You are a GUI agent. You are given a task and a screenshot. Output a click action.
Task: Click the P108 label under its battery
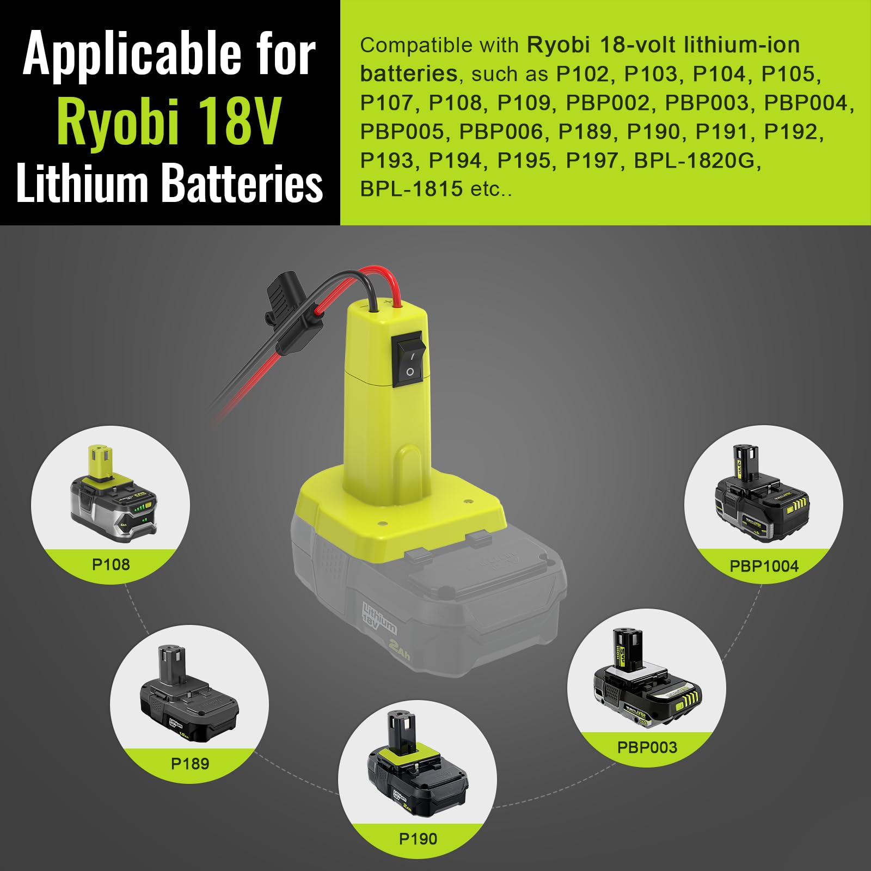[111, 565]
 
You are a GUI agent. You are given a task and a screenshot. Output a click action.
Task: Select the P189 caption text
[190, 764]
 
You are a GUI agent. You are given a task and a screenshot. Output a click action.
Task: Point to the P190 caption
[418, 839]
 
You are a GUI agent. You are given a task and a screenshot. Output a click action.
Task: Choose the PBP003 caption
[647, 747]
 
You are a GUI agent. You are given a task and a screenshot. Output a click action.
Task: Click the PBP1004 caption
[764, 566]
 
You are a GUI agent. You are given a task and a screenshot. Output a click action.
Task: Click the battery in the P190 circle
[417, 771]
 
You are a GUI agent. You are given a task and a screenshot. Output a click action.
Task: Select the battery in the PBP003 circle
[647, 681]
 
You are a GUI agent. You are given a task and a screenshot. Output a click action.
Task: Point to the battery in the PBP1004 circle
[762, 495]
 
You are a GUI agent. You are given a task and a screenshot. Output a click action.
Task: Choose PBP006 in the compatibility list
[501, 132]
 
